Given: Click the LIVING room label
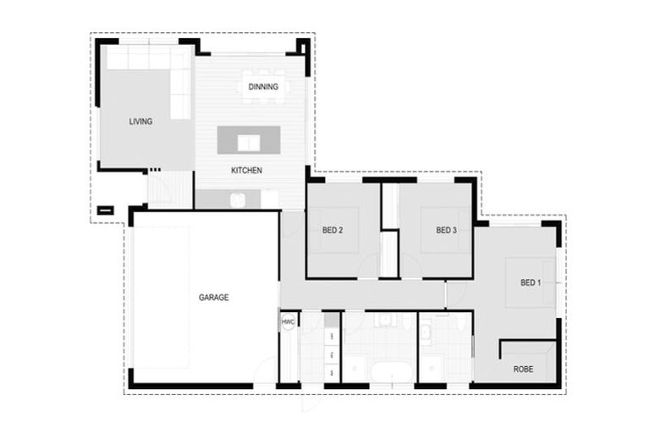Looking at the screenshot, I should click(140, 122).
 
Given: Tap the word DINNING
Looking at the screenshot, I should click(263, 86).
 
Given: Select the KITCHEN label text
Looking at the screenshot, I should click(246, 171).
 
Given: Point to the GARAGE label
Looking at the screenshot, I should click(213, 298).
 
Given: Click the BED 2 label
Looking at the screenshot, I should click(332, 230).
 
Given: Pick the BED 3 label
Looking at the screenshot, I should click(446, 230).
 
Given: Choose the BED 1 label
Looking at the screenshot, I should click(529, 282).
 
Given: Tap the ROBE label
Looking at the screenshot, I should click(524, 369).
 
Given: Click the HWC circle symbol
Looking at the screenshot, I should click(288, 322).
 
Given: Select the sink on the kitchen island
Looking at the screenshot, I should click(248, 141).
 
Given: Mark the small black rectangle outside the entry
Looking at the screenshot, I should click(105, 211).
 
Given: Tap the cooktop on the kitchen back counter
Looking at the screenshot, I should click(239, 200).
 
